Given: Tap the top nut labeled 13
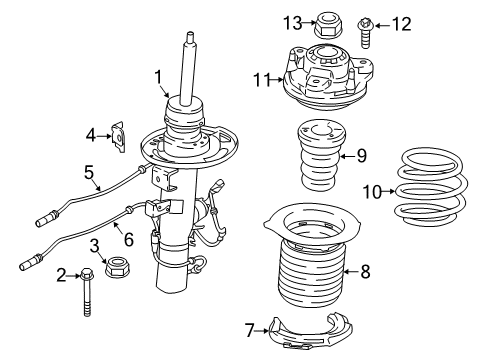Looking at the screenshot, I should (x=326, y=20).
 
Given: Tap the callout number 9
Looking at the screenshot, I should (x=363, y=155).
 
